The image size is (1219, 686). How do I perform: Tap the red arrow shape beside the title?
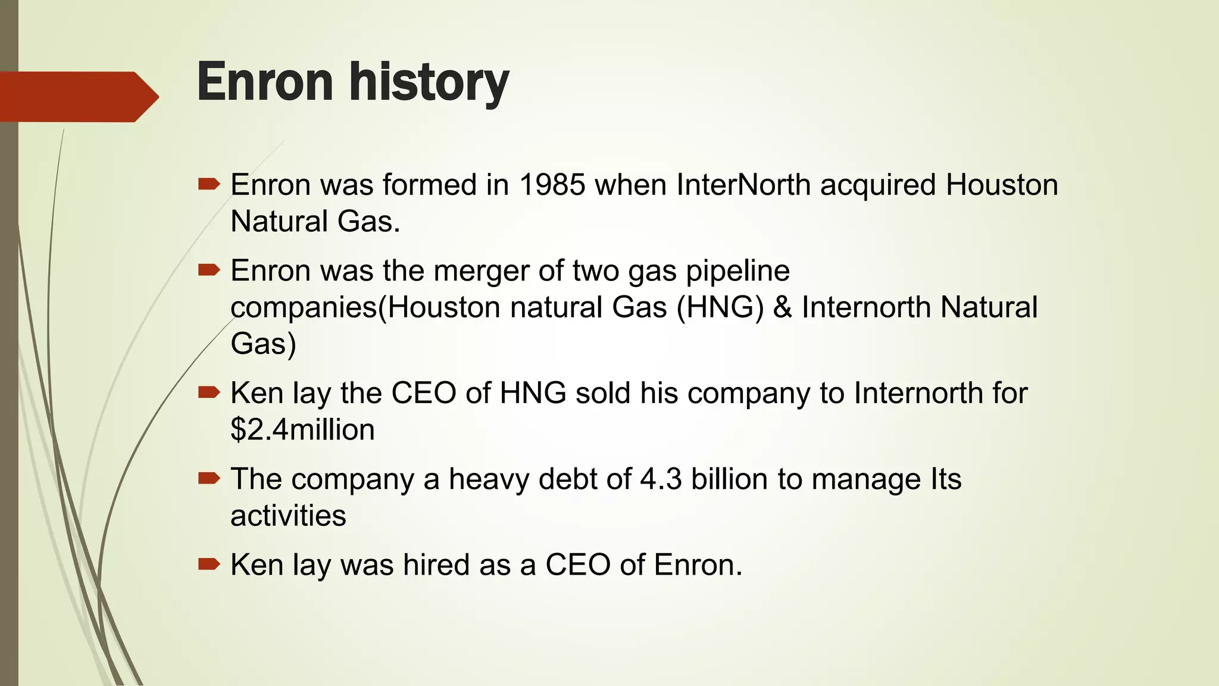[x=77, y=96]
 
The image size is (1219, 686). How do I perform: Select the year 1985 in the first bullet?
[x=552, y=185]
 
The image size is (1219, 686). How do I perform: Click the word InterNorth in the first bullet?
[x=743, y=185]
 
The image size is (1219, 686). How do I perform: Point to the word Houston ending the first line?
[x=1002, y=185]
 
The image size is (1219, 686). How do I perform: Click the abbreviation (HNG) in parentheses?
[x=720, y=308]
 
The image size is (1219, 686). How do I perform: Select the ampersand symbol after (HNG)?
[x=782, y=308]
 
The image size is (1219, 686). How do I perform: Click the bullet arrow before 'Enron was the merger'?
[x=209, y=270]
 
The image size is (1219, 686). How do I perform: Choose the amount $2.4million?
[x=302, y=430]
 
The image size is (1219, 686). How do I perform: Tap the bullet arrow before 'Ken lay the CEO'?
[x=209, y=392]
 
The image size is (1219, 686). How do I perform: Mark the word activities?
[x=288, y=516]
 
